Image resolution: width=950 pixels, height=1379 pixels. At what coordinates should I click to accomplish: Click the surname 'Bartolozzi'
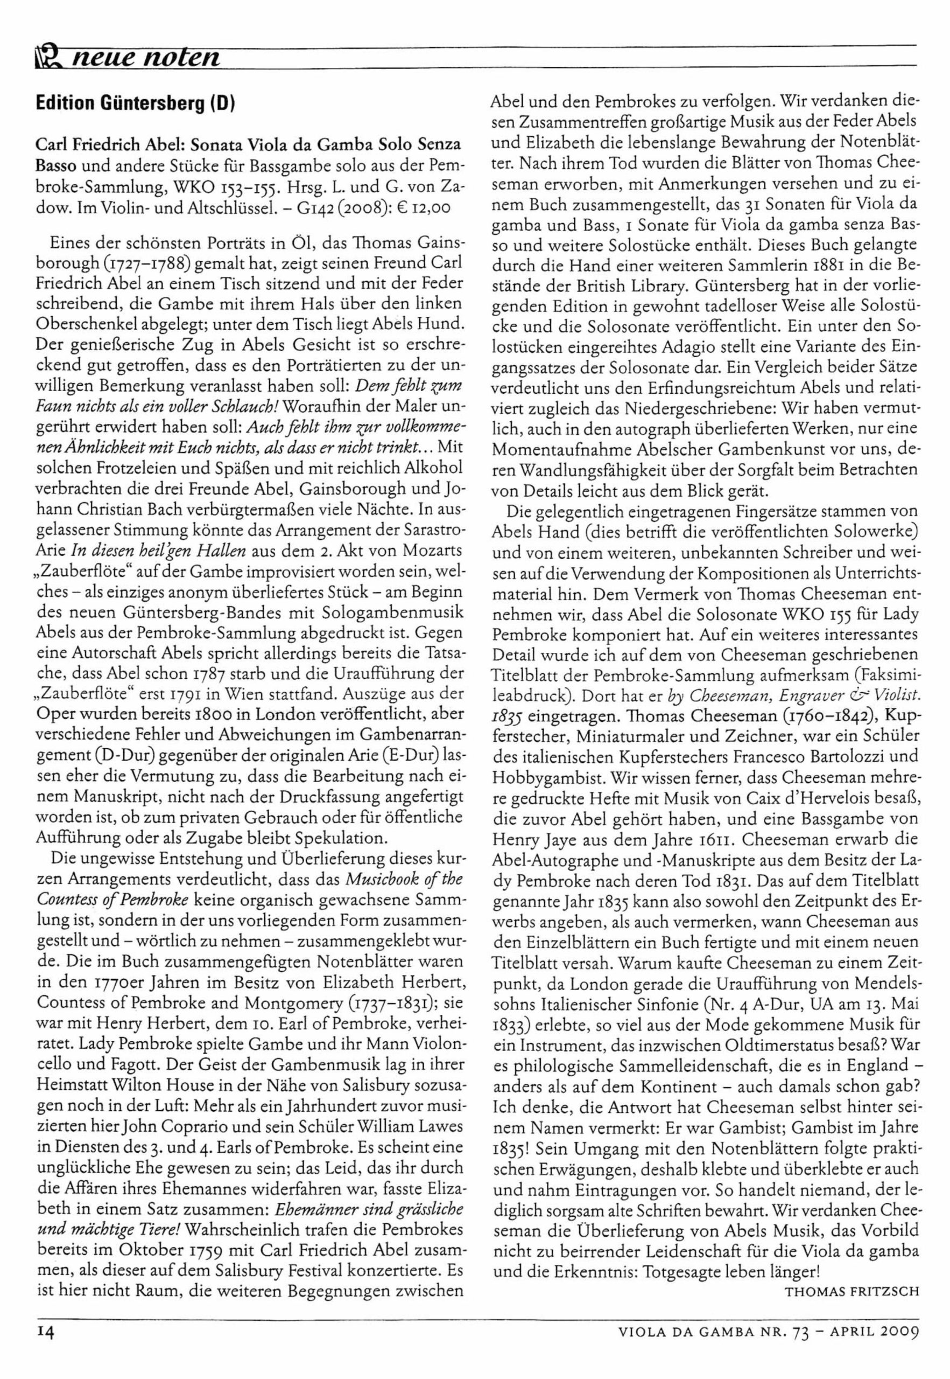pyautogui.click(x=827, y=756)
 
